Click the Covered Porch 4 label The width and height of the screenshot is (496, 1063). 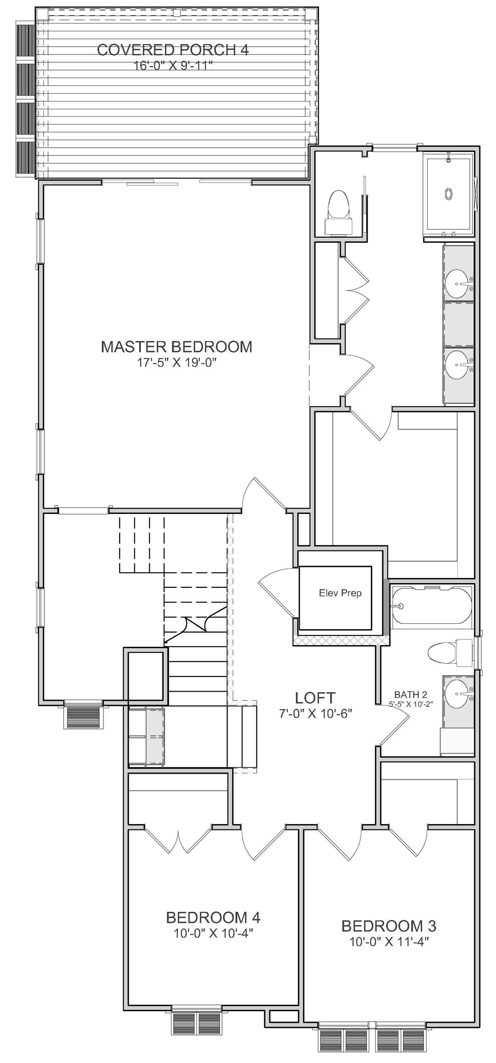(173, 49)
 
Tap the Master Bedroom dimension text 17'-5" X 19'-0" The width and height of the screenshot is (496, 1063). (177, 363)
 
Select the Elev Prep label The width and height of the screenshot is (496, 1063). (340, 593)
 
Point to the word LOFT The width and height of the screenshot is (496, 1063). (315, 698)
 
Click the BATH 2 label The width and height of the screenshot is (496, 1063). (411, 694)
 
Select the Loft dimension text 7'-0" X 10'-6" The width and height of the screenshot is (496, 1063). (315, 713)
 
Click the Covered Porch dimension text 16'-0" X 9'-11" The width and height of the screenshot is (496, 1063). (173, 66)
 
